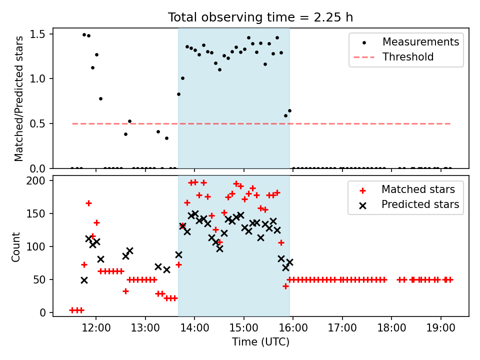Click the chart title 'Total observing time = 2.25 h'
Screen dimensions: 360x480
tap(260, 17)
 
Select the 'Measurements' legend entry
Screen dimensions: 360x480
tap(420, 42)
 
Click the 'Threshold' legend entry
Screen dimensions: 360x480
tap(408, 57)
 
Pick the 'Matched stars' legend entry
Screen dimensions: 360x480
tap(418, 189)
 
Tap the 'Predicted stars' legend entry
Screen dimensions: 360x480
tap(420, 204)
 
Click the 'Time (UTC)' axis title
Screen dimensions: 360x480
tap(260, 342)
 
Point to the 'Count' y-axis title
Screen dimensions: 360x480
tap(16, 246)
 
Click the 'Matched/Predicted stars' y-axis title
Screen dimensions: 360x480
tap(19, 98)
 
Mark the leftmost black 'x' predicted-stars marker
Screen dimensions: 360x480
tap(84, 280)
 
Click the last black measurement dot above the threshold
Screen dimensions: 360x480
tap(289, 110)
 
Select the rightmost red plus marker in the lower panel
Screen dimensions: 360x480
tap(450, 279)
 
